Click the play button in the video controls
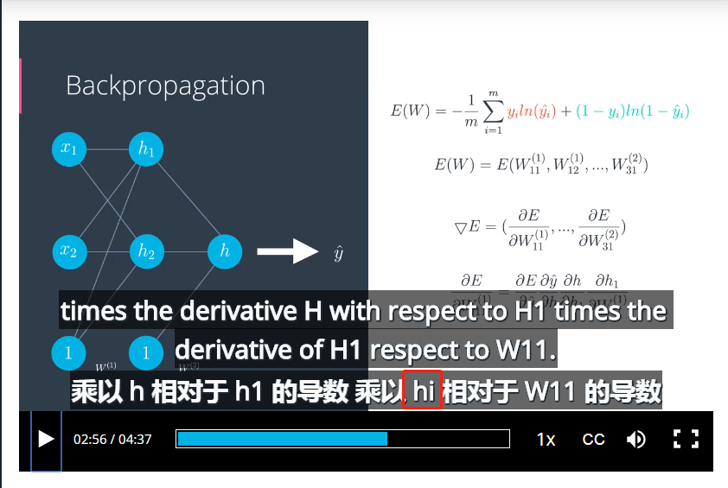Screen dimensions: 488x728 (46, 439)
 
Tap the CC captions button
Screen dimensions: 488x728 (593, 439)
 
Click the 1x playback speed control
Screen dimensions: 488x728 (546, 439)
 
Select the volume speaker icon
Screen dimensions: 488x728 (636, 439)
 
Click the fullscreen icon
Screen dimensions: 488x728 (686, 439)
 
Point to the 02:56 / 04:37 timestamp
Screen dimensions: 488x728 (112, 439)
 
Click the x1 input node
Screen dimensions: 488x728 (68, 149)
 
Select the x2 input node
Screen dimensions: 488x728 (68, 251)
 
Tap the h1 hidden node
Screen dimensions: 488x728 (145, 149)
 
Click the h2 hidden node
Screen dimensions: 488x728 (145, 251)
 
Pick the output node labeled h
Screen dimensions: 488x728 (224, 251)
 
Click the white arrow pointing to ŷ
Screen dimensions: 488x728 (288, 251)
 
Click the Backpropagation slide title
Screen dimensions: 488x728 (165, 86)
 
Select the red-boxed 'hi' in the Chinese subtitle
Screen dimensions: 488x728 (423, 391)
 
